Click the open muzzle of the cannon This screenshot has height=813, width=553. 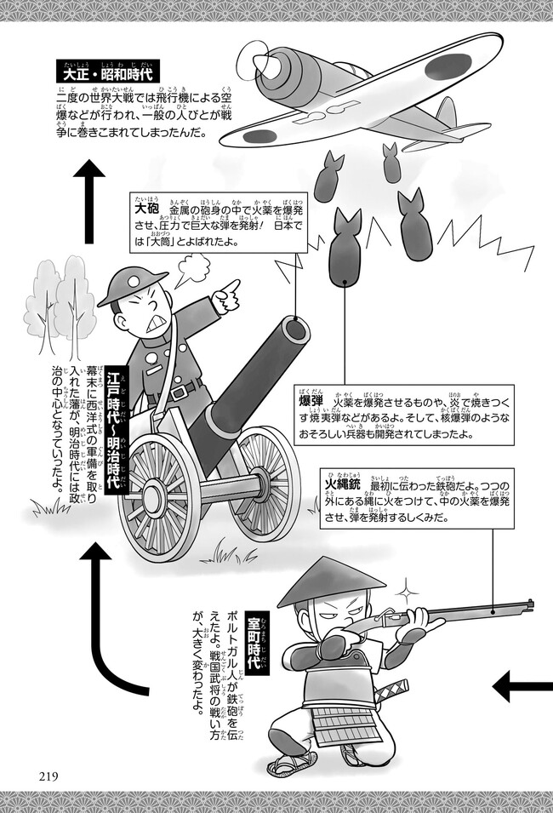tap(294, 329)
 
